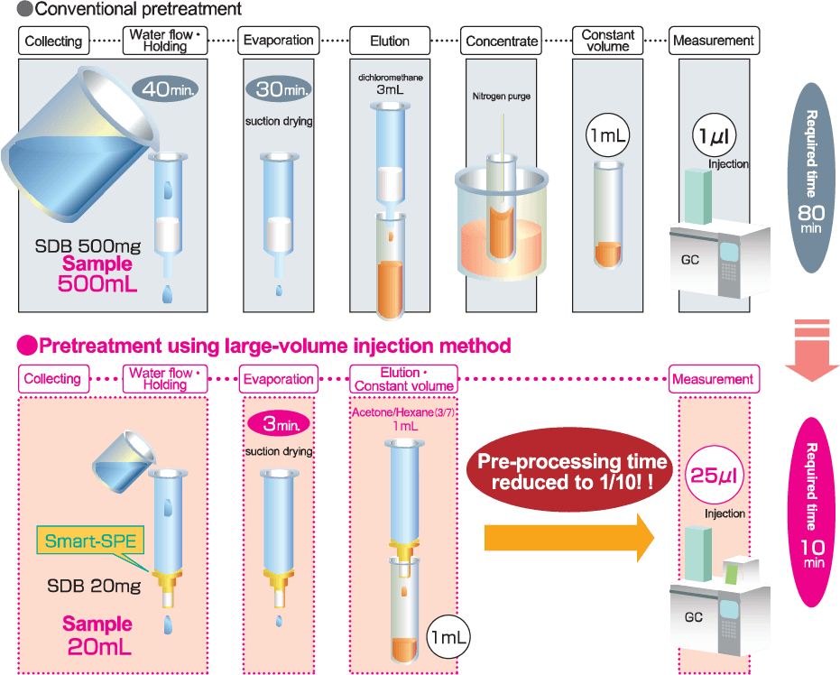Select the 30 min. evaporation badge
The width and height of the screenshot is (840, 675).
coord(277,89)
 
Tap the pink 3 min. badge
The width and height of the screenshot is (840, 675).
coord(278,423)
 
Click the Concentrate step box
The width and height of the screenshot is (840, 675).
coord(502,41)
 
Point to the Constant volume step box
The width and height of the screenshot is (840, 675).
coord(608,41)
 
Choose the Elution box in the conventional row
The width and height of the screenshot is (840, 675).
coord(390,41)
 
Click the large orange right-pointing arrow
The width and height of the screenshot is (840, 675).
coord(569,537)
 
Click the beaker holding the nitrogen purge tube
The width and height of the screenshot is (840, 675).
coord(502,226)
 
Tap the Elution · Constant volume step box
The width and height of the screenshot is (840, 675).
coord(402,379)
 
